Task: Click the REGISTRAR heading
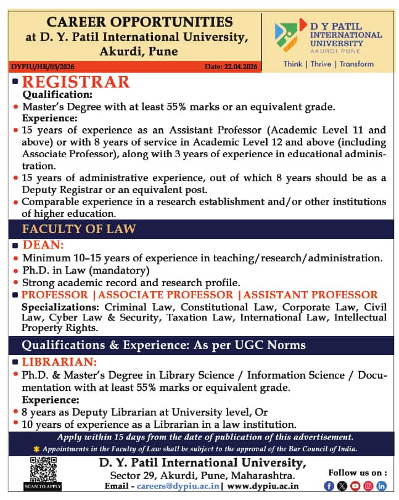coord(76,82)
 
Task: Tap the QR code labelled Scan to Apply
coord(44,473)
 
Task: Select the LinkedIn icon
coord(381,486)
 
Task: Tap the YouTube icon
coord(354,486)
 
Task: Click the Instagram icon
coord(368,486)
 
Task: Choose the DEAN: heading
coord(43,245)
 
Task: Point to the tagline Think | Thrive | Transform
coord(329,64)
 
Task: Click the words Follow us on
coord(357,472)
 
